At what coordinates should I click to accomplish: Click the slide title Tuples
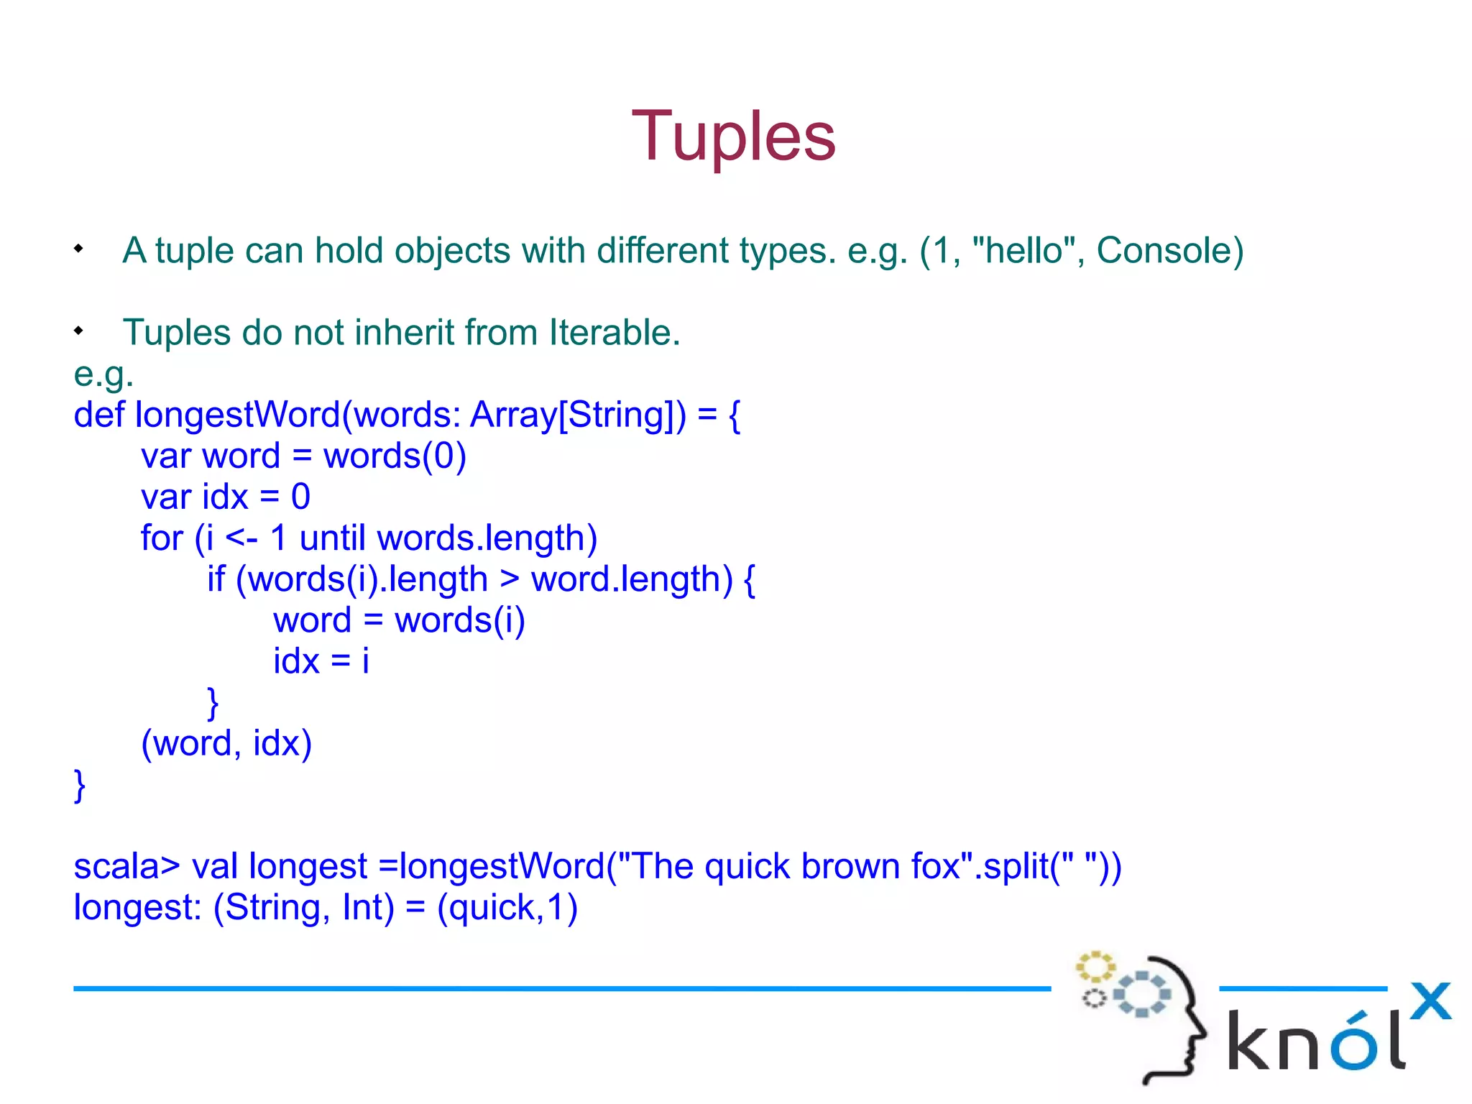pos(734,137)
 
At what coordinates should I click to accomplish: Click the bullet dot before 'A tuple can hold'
pos(78,249)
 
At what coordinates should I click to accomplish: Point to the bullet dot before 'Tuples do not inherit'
pos(78,331)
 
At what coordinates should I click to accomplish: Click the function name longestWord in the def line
pos(237,415)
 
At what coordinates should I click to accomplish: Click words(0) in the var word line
pos(395,456)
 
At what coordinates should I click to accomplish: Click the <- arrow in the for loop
pos(241,538)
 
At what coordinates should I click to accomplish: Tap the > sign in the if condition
pos(509,579)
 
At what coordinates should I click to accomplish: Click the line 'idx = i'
pos(321,661)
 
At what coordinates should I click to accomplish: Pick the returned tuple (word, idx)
pos(226,743)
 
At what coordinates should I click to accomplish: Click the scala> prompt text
pos(126,866)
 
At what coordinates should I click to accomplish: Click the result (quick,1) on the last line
pos(507,907)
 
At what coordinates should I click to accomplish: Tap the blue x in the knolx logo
pos(1430,1000)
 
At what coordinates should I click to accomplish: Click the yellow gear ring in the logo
pos(1095,967)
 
